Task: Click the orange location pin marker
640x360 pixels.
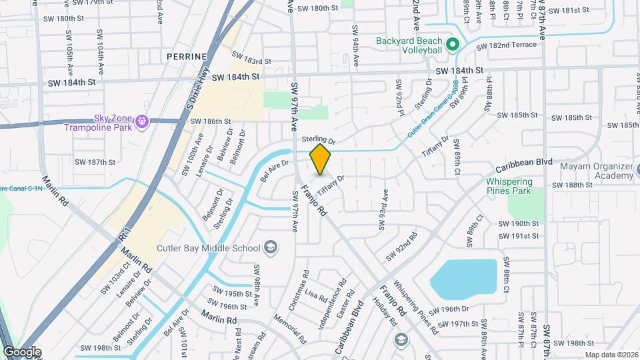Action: pyautogui.click(x=321, y=159)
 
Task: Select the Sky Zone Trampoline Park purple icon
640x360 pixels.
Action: pyautogui.click(x=141, y=123)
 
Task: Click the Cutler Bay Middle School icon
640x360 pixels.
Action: pyautogui.click(x=271, y=249)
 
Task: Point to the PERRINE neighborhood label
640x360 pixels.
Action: pyautogui.click(x=187, y=57)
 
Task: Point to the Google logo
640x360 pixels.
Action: pyautogui.click(x=22, y=351)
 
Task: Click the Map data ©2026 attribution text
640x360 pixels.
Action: pyautogui.click(x=611, y=355)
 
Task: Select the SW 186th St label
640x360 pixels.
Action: pyautogui.click(x=210, y=121)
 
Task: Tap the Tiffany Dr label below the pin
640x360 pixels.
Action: pyautogui.click(x=331, y=185)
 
